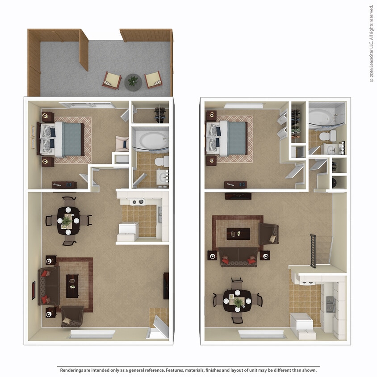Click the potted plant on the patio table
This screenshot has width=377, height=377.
[x=133, y=81]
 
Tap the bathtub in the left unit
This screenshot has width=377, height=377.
[x=151, y=139]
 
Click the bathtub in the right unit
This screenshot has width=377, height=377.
[x=325, y=117]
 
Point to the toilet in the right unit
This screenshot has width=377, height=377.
[x=330, y=136]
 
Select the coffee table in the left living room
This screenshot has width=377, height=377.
[x=72, y=286]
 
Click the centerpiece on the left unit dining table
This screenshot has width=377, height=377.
[x=67, y=220]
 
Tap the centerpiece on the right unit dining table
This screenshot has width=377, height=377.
[x=238, y=302]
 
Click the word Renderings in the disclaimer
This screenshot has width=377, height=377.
[x=72, y=370]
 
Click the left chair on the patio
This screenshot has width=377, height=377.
[x=112, y=80]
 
